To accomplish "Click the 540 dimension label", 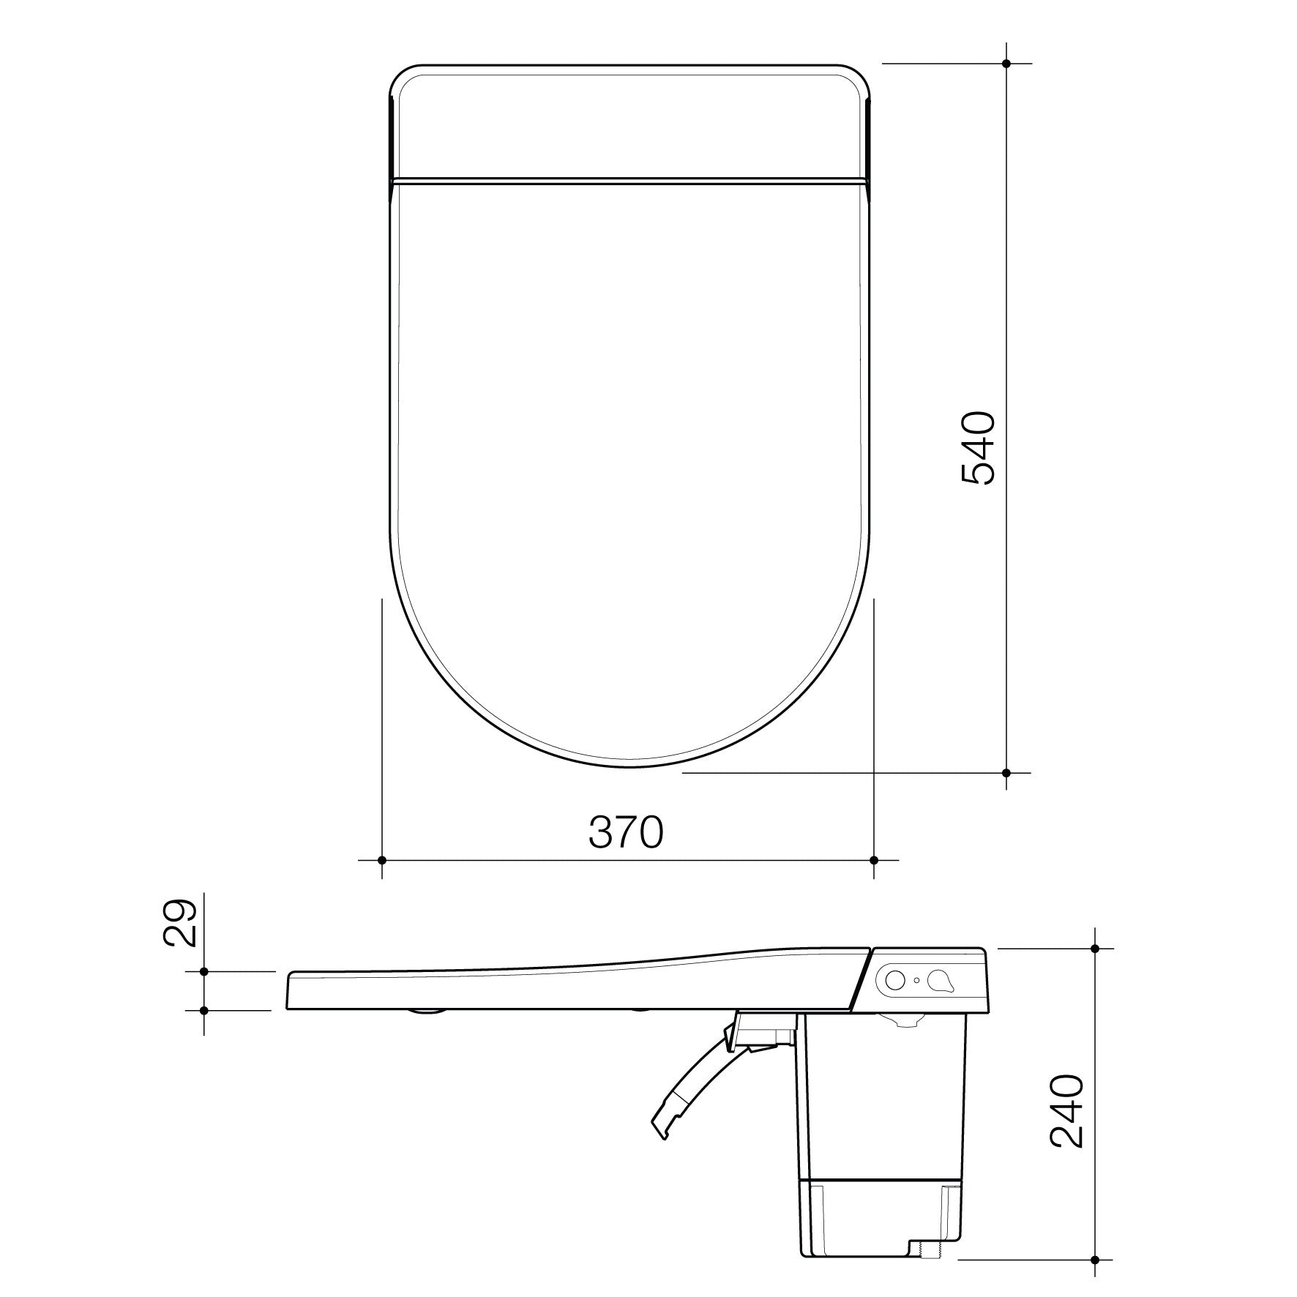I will [978, 448].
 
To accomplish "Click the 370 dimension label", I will [626, 832].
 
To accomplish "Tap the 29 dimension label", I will [180, 924].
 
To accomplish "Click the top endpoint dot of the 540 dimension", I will [1006, 64].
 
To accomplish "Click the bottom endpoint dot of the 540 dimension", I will [1006, 772].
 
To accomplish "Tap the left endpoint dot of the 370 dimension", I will [382, 860].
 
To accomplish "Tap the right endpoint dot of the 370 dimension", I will [874, 860].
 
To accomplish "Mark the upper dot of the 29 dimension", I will [204, 971].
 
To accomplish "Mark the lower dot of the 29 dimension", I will [204, 1010].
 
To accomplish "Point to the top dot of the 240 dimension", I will [1095, 948].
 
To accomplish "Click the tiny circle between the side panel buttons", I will [917, 980].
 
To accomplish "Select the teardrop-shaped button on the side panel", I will [941, 980].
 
